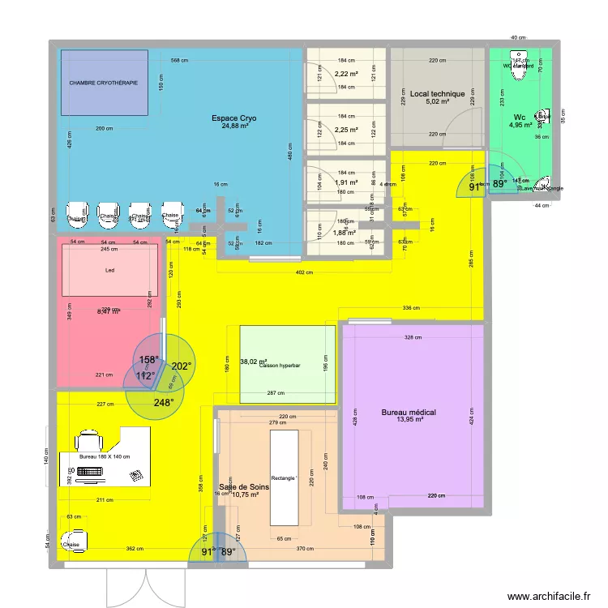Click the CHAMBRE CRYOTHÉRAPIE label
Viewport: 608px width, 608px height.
(103, 83)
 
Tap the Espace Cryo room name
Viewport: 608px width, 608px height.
(230, 118)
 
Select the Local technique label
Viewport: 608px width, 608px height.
(437, 94)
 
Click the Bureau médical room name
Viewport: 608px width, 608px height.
(409, 413)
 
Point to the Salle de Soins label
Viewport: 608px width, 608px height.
(243, 486)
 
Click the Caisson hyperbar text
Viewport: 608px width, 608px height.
(280, 366)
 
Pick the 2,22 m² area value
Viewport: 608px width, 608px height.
(346, 73)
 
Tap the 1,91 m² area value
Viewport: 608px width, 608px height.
(346, 182)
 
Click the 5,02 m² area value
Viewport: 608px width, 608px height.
(437, 102)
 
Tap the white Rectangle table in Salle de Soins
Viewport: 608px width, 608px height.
(285, 477)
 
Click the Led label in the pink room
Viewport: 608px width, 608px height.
(110, 271)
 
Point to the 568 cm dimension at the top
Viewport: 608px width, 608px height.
(179, 61)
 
